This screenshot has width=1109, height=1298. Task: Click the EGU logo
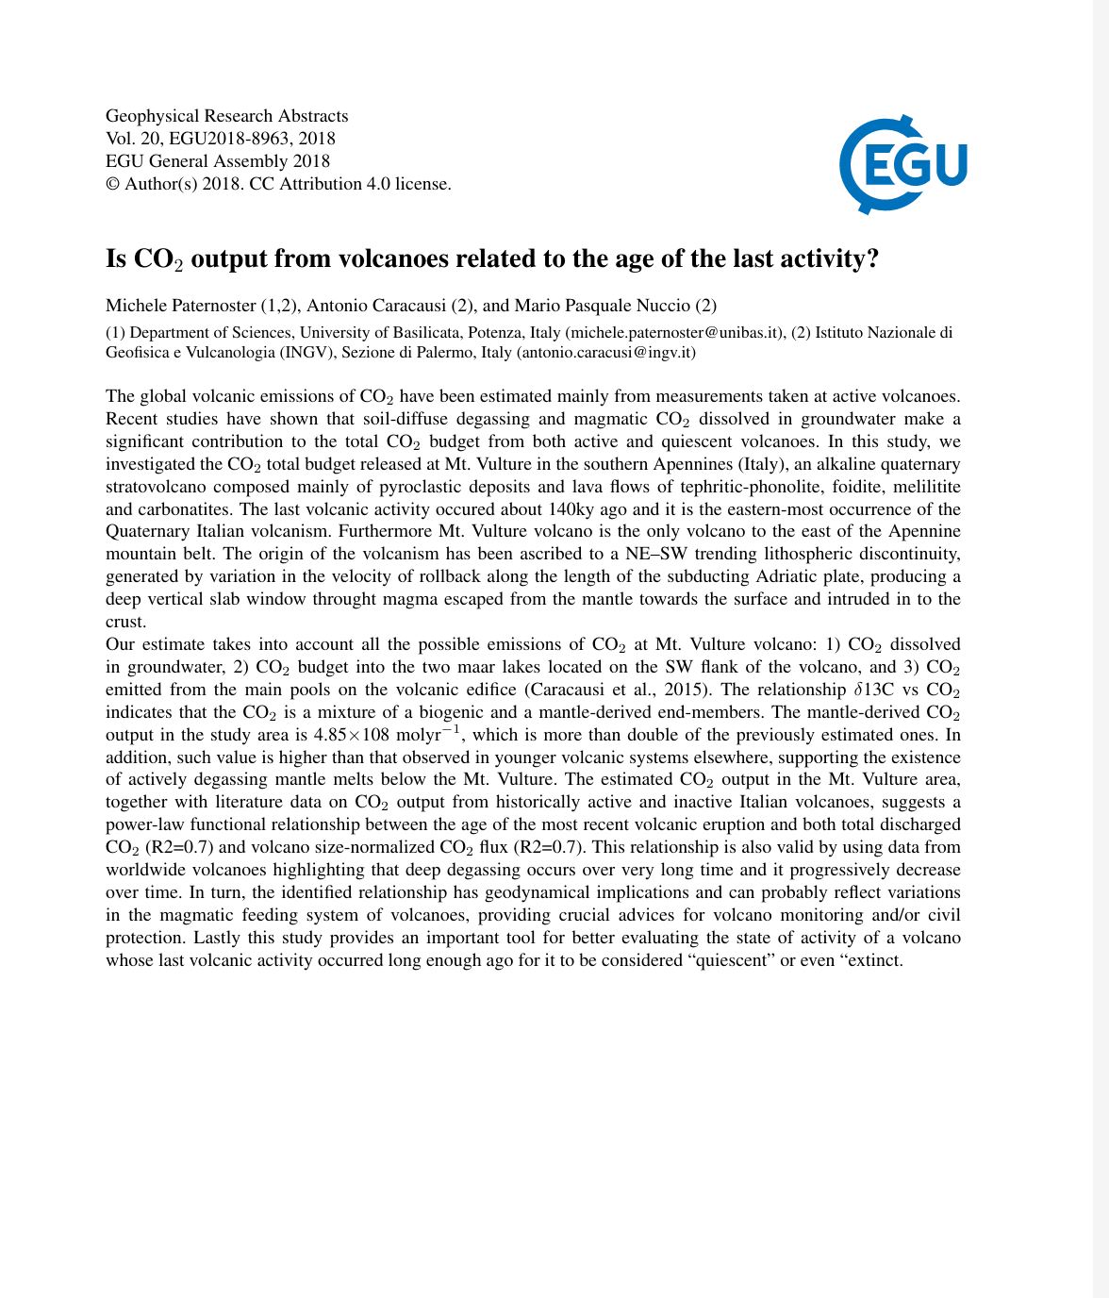(902, 164)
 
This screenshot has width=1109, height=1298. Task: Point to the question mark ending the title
(871, 258)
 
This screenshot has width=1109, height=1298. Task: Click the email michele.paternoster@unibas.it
(674, 332)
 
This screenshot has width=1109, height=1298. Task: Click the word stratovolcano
(157, 487)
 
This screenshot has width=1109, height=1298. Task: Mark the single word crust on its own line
(126, 622)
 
